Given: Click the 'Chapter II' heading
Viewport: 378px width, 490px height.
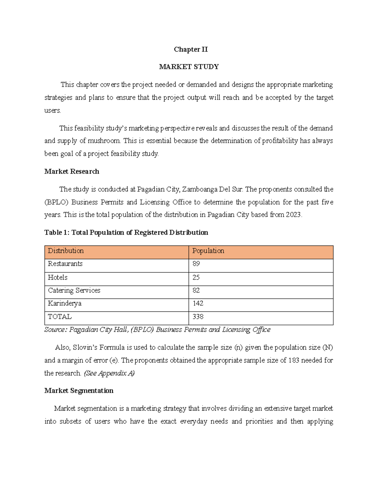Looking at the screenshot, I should (191, 50).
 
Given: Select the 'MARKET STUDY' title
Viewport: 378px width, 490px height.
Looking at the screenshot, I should (189, 67).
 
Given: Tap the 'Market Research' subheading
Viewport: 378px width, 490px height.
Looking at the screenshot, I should (72, 172).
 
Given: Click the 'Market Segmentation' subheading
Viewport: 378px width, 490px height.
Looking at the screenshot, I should (79, 391).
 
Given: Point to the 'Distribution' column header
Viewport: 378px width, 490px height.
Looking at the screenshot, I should (66, 251).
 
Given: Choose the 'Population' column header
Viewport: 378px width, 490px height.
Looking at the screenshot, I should (208, 251).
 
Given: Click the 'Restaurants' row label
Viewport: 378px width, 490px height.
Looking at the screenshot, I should (65, 264).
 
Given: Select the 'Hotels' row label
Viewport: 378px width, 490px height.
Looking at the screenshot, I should (57, 277).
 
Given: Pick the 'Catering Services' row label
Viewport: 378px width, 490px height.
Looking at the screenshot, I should (74, 290).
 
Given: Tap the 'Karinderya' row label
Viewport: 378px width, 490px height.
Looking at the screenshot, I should (65, 304).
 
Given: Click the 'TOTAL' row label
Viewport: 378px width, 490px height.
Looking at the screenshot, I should (60, 317).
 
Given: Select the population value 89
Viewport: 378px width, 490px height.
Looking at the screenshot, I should (196, 264).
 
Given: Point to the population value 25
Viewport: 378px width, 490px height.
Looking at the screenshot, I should (196, 277).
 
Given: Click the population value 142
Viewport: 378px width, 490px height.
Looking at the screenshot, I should (198, 304).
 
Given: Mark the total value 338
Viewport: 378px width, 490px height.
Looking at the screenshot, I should (198, 317).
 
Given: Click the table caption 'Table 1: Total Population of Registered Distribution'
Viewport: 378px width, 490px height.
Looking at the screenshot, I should (126, 233).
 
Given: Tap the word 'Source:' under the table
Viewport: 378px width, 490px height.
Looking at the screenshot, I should (56, 330).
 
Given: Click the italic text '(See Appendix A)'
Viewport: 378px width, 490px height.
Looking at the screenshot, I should (109, 373).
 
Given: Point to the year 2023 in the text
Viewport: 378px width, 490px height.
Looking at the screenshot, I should (294, 215).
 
